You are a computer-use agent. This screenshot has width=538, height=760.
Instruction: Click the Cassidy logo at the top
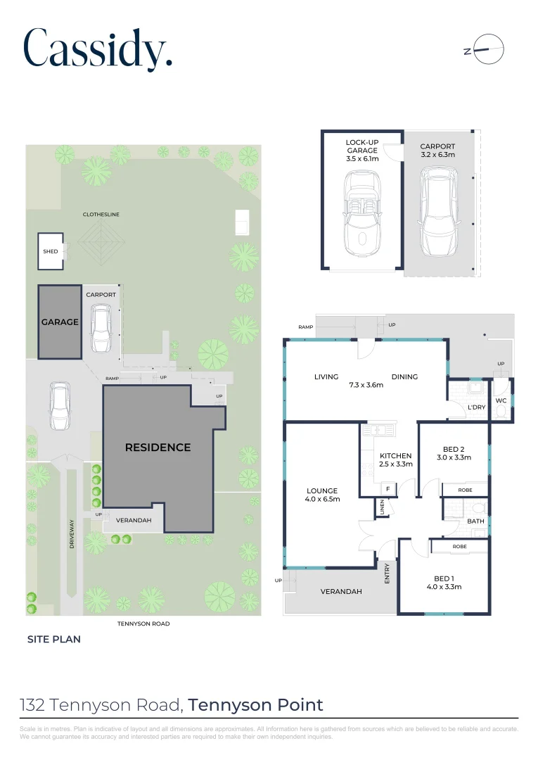coord(98,49)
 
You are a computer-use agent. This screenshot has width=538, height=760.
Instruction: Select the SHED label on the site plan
coord(51,251)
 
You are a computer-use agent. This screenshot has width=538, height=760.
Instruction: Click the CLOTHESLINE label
coord(101,214)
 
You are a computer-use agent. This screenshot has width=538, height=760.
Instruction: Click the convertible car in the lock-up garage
coord(362,216)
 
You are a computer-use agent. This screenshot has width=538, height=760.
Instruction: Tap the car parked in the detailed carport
coord(437,213)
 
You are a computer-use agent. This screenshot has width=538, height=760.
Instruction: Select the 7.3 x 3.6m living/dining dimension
coord(366,385)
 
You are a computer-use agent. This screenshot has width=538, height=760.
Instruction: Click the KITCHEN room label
coord(395,455)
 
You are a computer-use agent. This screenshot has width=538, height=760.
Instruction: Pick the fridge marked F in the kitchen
coord(387,488)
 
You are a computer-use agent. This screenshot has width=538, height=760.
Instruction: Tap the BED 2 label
coord(454,449)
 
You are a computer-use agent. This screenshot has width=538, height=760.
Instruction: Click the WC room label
coord(501,400)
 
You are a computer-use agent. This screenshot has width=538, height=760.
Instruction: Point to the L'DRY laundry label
coord(476,407)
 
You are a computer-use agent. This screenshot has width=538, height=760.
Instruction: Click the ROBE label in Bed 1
coord(459,546)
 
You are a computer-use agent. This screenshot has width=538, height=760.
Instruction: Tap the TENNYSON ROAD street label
coord(143,623)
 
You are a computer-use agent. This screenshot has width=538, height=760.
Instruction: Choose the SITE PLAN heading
coord(54,640)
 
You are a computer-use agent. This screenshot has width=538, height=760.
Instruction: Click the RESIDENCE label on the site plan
coord(158,447)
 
